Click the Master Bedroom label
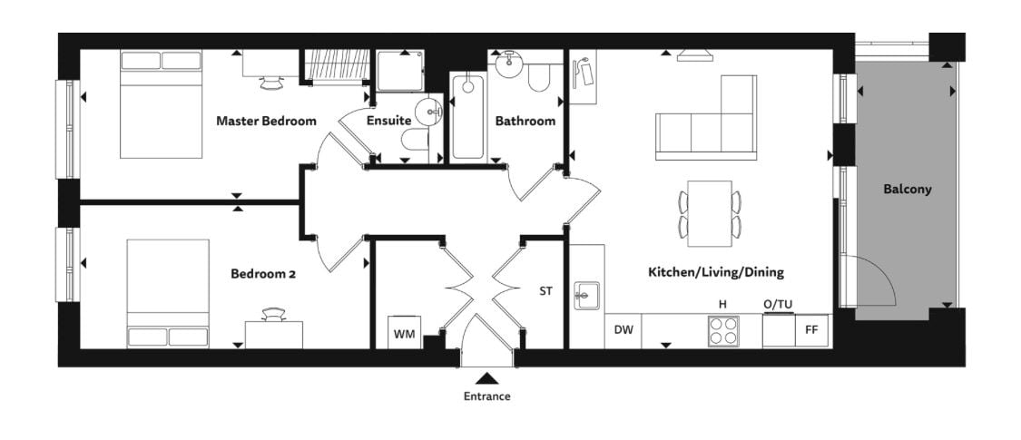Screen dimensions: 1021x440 pos(266,121)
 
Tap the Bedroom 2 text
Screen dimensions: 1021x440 pos(263,274)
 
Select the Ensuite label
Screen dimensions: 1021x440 pos(388,121)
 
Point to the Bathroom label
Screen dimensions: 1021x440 pos(525,121)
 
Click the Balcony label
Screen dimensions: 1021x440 pos(907,190)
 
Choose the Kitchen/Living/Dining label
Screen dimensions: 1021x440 pos(716,272)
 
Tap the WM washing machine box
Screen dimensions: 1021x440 pos(405,332)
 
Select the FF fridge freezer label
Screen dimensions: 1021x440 pos(811,330)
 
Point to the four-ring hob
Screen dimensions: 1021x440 pos(724,330)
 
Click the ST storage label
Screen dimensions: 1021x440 pos(545,291)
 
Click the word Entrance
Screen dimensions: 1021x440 pos(487,396)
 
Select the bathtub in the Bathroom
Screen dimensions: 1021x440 pos(467,116)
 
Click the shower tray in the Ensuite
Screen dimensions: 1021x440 pos(400,71)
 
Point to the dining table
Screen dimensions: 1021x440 pos(709,213)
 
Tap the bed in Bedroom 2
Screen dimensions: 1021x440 pos(168,294)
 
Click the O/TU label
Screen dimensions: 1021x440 pos(778,304)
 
